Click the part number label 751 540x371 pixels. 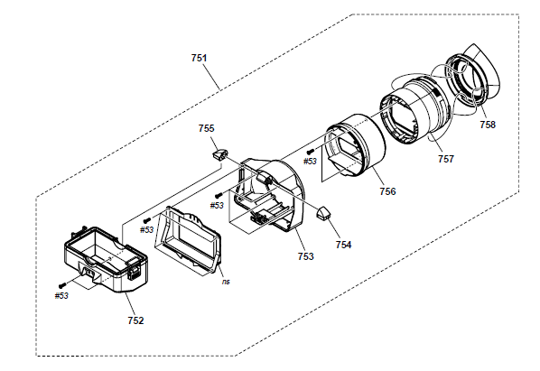click(199, 58)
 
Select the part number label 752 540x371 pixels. click(135, 320)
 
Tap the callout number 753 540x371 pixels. click(306, 256)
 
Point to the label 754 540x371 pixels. click(343, 245)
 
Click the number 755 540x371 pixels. click(206, 128)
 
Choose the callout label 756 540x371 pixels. click(387, 191)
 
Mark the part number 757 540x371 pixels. click(446, 159)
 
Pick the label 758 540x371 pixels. click(488, 125)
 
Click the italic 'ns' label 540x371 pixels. click(226, 282)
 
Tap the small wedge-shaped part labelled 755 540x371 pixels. click(219, 153)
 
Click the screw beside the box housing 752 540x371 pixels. click(62, 285)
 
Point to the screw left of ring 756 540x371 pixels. click(311, 151)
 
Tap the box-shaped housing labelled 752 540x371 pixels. click(106, 260)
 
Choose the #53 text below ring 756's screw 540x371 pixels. click(310, 161)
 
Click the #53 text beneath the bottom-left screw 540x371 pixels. click(61, 296)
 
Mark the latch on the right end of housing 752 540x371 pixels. click(134, 271)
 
